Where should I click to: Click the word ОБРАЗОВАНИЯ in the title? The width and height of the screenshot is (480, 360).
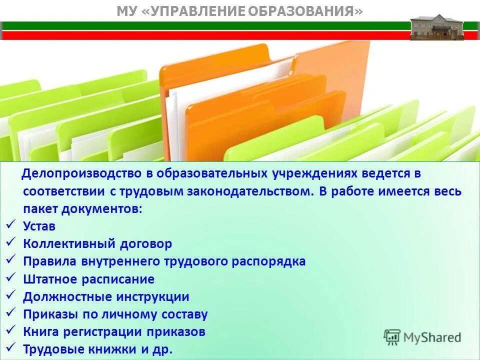(302, 11)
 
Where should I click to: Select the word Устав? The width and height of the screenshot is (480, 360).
(39, 226)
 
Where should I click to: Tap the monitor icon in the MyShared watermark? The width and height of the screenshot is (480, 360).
(392, 337)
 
